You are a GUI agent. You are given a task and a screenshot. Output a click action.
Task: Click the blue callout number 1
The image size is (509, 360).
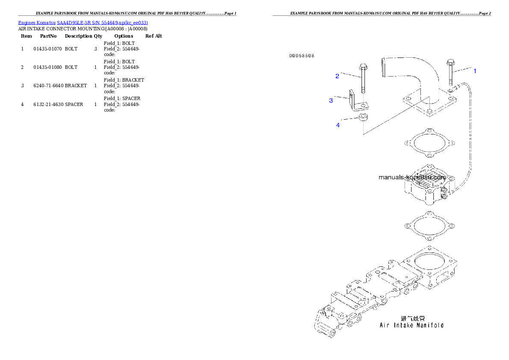[474, 71]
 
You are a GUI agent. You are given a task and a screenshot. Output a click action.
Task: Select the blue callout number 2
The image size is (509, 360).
[337, 76]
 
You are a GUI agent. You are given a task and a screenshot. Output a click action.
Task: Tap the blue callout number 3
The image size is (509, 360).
[331, 100]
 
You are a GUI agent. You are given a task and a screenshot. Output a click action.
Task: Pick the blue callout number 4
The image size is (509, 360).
[338, 125]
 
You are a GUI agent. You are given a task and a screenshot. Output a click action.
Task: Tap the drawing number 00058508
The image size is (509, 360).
[302, 56]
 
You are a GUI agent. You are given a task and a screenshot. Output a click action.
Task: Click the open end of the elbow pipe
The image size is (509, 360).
[382, 66]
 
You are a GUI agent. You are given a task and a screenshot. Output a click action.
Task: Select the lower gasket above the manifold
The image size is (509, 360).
[429, 225]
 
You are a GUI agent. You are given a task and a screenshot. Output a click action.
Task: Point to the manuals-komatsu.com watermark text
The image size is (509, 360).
[412, 177]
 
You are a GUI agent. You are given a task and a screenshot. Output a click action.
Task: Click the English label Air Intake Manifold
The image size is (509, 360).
[411, 325]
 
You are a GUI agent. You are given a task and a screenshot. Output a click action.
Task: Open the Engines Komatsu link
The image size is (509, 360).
[37, 23]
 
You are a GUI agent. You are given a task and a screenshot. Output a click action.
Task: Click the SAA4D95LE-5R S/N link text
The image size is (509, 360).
[86, 23]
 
